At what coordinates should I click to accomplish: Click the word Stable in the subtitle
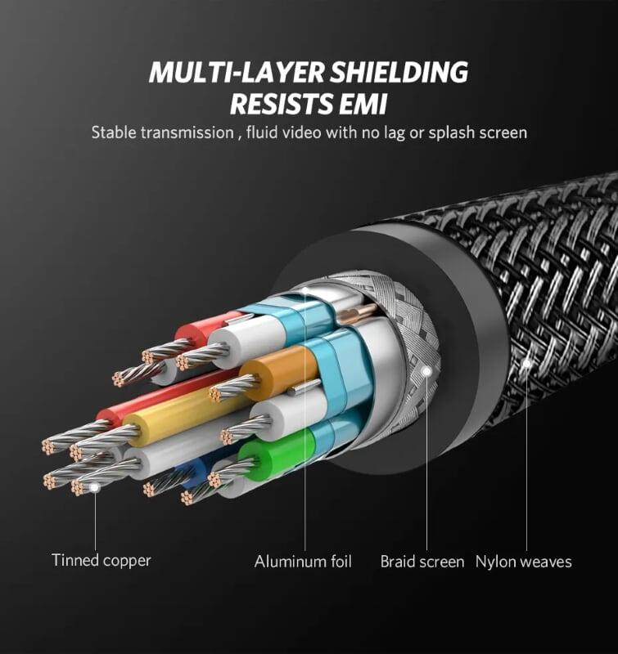point(114,132)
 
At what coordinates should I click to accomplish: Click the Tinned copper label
point(101,561)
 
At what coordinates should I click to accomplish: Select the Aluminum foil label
point(303,562)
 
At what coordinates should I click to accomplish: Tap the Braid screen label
point(422,562)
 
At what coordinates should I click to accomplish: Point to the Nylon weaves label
point(524,562)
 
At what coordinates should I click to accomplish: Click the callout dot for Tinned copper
point(95,487)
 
